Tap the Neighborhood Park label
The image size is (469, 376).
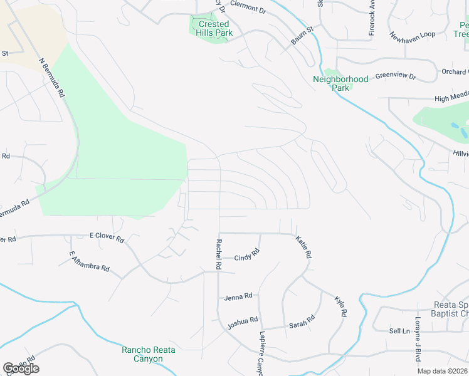click(340, 83)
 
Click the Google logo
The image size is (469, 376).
click(21, 368)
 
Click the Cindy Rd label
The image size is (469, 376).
click(247, 257)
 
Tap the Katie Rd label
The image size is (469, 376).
click(304, 248)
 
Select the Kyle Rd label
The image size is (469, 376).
click(341, 306)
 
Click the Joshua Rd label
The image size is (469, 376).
click(243, 323)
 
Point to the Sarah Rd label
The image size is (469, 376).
click(302, 325)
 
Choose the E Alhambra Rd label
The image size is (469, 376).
click(90, 261)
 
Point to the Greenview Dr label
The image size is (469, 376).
click(396, 76)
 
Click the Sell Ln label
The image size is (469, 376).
click(399, 330)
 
